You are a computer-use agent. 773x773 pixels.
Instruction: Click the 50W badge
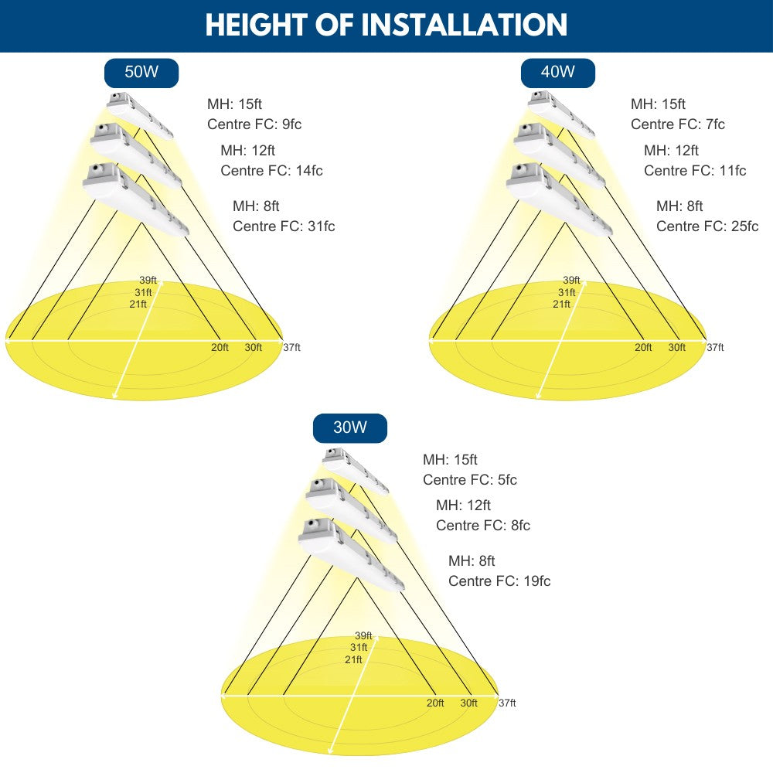click(x=141, y=73)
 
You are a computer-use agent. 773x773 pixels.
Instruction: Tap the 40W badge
click(x=558, y=73)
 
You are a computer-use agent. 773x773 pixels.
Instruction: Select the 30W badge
click(x=350, y=428)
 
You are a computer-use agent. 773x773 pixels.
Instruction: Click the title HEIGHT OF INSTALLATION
click(x=386, y=25)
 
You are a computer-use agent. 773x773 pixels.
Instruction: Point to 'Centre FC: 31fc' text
click(x=284, y=226)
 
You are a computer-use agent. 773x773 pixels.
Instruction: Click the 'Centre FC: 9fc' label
click(x=254, y=124)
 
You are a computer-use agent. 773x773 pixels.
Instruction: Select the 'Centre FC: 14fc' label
click(x=271, y=171)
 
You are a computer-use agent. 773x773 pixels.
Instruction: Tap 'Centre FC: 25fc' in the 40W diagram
click(x=707, y=226)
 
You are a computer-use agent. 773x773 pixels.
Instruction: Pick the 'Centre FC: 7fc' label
click(x=678, y=124)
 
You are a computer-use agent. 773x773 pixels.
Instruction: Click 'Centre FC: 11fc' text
click(x=695, y=171)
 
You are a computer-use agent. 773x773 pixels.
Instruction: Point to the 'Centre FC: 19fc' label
click(x=499, y=581)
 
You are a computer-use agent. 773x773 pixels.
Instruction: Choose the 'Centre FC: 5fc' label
click(x=470, y=480)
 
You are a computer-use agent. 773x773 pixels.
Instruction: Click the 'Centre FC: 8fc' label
click(x=483, y=526)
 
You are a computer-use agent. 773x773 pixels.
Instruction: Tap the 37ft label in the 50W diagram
click(x=292, y=348)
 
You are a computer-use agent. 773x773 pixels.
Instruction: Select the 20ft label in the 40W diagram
click(x=643, y=348)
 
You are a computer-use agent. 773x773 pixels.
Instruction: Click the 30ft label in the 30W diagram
click(x=469, y=703)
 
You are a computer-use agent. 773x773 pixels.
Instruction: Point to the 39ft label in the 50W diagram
click(x=148, y=281)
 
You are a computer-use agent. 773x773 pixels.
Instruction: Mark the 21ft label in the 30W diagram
click(x=353, y=659)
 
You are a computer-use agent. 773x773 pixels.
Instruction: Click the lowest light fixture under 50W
click(x=135, y=199)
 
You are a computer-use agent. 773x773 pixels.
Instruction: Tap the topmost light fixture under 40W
click(x=561, y=114)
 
